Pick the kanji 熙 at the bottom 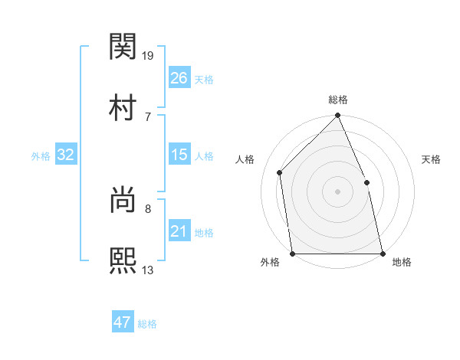pyautogui.click(x=123, y=259)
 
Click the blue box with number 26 pyautogui.click(x=179, y=78)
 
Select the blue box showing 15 pyautogui.click(x=179, y=155)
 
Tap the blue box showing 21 pyautogui.click(x=179, y=232)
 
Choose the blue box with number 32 pyautogui.click(x=65, y=155)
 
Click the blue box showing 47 pyautogui.click(x=123, y=322)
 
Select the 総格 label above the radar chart pyautogui.click(x=338, y=100)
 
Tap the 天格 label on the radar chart pyautogui.click(x=431, y=159)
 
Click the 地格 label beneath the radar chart pyautogui.click(x=402, y=262)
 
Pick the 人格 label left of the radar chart pyautogui.click(x=245, y=159)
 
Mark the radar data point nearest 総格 pyautogui.click(x=338, y=116)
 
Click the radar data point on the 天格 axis pyautogui.click(x=366, y=182)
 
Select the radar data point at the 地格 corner pyautogui.click(x=383, y=253)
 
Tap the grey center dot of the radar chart pyautogui.click(x=338, y=191)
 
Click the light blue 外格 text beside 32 pyautogui.click(x=41, y=156)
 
